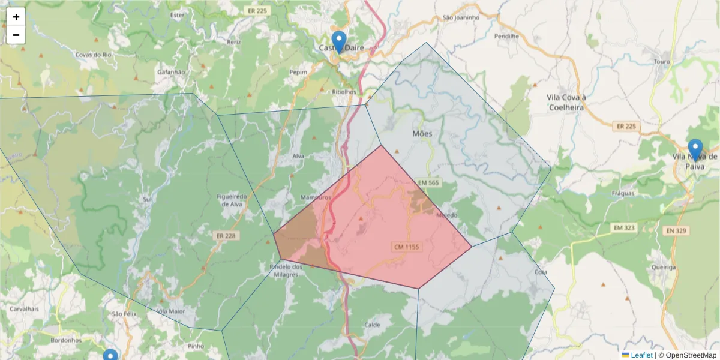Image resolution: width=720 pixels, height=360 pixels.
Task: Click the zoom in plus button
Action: (16, 17)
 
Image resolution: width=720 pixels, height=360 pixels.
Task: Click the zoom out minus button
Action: (16, 35)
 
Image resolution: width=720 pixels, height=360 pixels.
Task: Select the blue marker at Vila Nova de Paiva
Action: (695, 150)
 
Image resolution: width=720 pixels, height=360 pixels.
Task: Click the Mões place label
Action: (422, 133)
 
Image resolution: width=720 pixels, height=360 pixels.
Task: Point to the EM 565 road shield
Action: (429, 182)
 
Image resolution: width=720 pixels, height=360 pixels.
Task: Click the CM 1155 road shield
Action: (406, 247)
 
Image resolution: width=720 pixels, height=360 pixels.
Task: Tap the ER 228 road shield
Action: (226, 236)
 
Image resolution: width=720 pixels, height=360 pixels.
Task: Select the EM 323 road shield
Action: (625, 228)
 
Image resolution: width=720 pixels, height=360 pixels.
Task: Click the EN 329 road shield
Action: (675, 230)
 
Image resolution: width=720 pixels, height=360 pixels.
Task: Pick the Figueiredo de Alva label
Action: (231, 200)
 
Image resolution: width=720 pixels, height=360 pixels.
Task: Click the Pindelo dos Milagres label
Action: (284, 271)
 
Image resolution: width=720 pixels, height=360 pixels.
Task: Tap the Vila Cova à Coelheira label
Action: (566, 102)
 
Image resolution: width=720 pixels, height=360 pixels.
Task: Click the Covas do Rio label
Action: (94, 55)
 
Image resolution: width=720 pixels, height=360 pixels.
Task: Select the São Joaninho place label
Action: (461, 17)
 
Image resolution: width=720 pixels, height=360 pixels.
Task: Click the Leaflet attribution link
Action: (641, 355)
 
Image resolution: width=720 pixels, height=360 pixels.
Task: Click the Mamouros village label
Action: (315, 197)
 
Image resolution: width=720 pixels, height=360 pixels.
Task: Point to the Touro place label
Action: (661, 62)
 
